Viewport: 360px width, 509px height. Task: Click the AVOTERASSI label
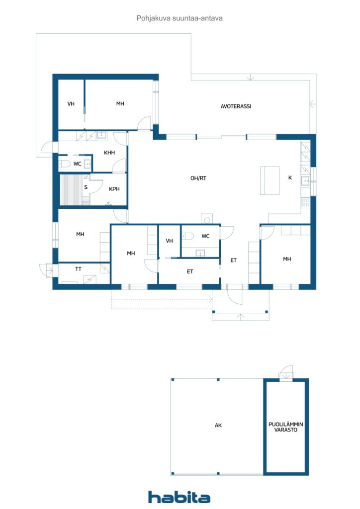[236, 106]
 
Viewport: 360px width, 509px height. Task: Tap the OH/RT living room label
[198, 178]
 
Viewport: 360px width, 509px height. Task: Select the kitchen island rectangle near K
[270, 180]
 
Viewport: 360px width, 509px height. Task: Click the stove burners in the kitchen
[305, 202]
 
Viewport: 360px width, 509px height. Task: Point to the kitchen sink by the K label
[305, 181]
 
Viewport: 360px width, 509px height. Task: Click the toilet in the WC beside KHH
[64, 164]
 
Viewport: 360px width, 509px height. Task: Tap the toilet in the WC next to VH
[188, 236]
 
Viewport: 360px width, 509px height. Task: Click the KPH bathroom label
[114, 188]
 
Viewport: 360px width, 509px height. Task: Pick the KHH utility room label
[109, 152]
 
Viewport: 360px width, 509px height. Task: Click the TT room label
[78, 269]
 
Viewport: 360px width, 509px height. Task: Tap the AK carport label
[218, 425]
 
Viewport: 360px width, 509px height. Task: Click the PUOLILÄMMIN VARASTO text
[285, 427]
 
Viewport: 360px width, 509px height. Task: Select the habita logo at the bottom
[179, 497]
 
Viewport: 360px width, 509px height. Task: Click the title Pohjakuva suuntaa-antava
[180, 18]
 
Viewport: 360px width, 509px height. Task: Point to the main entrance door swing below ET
[234, 294]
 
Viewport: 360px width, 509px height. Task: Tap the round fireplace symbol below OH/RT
[207, 220]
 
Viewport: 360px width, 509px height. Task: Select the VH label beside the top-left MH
[71, 103]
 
